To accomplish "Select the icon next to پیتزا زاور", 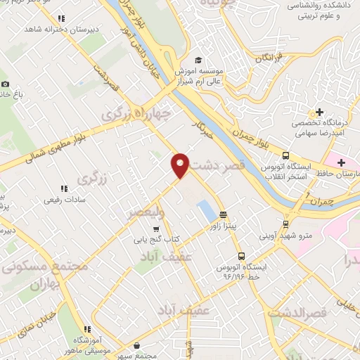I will pyautogui.click(x=224, y=215).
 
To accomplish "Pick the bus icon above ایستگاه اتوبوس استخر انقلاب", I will pyautogui.click(x=285, y=155).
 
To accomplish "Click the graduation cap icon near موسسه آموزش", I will pyautogui.click(x=198, y=61).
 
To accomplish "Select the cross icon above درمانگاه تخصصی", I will pyautogui.click(x=320, y=112).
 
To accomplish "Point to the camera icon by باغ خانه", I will pyautogui.click(x=5, y=84).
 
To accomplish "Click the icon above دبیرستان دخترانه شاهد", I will pyautogui.click(x=62, y=19).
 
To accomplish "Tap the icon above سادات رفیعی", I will pyautogui.click(x=64, y=188).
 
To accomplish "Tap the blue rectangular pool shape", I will pyautogui.click(x=206, y=208).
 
